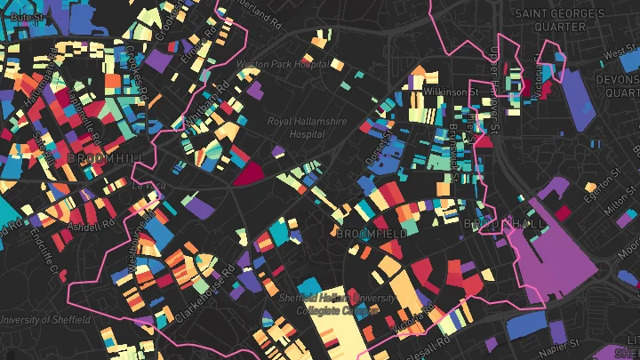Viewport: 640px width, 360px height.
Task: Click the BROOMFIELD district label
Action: (x=372, y=233)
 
